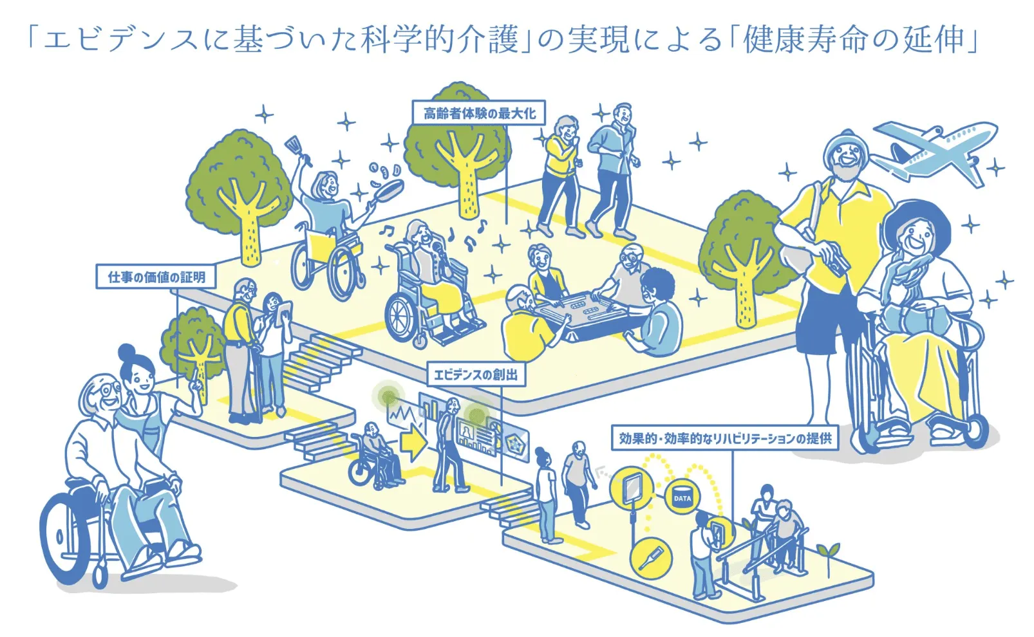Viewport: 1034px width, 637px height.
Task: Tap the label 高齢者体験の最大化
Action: point(478,113)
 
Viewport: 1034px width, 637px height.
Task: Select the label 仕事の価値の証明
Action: point(156,277)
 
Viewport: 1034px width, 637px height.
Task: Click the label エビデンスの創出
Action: point(476,374)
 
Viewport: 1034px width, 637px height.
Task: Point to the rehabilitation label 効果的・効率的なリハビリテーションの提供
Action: point(724,438)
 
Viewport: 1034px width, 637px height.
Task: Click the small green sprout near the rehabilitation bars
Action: point(827,553)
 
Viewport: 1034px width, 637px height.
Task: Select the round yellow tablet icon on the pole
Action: point(632,486)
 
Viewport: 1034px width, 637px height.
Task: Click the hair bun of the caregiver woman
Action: point(127,352)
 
